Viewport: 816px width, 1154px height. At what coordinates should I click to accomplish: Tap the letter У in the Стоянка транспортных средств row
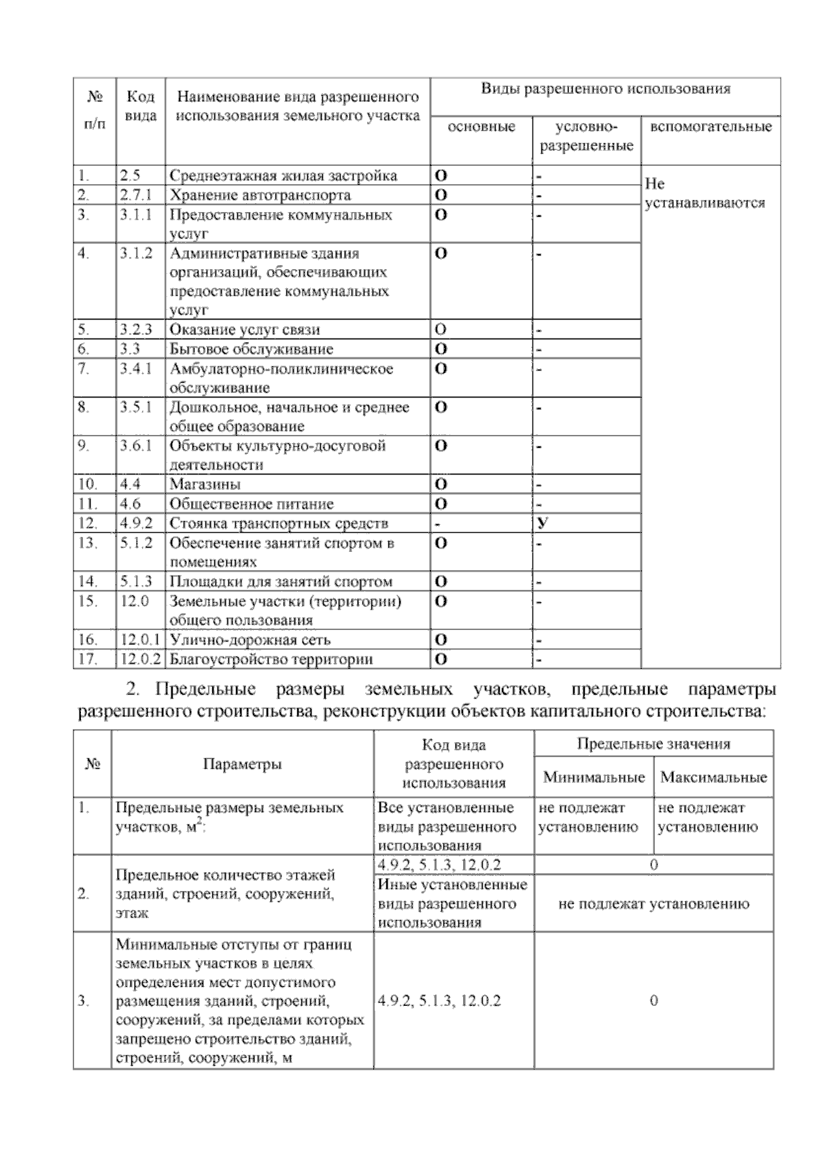click(x=542, y=523)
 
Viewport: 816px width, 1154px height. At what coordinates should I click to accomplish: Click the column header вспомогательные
click(x=711, y=127)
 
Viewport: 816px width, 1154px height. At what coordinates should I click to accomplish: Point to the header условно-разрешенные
click(x=585, y=136)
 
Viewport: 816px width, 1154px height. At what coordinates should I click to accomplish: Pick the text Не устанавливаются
click(x=704, y=193)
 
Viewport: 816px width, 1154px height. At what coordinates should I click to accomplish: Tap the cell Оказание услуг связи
click(x=244, y=330)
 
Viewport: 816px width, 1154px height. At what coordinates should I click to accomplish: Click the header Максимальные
click(x=713, y=777)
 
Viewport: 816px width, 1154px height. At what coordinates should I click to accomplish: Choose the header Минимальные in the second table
click(x=594, y=777)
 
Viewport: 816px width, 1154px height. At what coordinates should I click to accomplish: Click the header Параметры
click(x=242, y=764)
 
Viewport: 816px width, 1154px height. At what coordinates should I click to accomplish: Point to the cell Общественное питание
click(x=251, y=504)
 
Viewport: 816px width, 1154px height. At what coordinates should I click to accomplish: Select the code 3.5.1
click(x=135, y=407)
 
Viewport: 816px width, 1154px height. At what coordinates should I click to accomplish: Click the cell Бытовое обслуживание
click(x=251, y=349)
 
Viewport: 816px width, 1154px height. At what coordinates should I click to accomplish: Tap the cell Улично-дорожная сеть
click(x=250, y=640)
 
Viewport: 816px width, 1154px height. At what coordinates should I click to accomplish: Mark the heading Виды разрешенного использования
click(x=605, y=89)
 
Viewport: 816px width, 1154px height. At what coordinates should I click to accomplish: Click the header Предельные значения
click(x=653, y=744)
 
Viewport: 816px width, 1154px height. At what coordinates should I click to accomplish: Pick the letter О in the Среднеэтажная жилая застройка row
click(x=441, y=175)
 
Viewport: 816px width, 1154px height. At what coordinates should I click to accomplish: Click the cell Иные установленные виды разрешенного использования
click(x=453, y=903)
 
